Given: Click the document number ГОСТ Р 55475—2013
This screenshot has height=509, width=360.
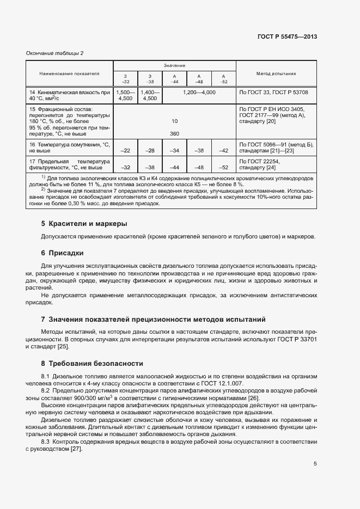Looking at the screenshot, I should (x=286, y=37).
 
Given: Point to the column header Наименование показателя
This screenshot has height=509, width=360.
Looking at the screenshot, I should (x=70, y=73).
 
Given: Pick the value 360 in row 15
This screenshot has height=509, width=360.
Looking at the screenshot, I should (x=174, y=133).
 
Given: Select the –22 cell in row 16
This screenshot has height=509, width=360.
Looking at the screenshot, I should (x=125, y=150).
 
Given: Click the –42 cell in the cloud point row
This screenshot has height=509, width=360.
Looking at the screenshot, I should (x=223, y=150).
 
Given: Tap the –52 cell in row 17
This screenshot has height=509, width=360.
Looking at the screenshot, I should (x=223, y=168).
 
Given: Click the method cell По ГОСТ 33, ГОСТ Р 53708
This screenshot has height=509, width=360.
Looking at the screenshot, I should (x=274, y=93).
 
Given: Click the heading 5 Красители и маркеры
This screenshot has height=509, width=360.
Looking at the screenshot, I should (x=84, y=224).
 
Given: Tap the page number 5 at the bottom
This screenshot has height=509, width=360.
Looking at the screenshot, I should (x=315, y=464).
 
